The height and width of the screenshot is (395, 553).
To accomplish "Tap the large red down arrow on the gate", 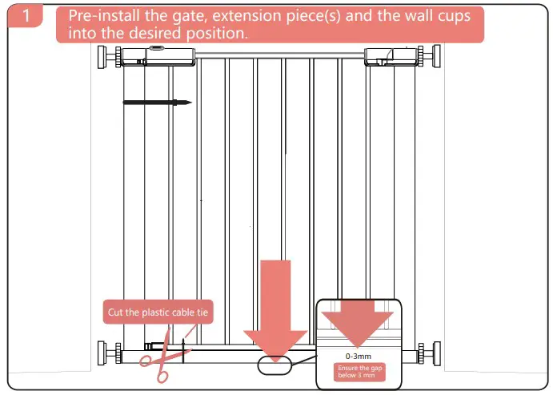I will point(275,308).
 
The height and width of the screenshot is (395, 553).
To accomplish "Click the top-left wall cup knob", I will point(107,58).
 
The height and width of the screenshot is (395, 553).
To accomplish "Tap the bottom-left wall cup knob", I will point(107,352).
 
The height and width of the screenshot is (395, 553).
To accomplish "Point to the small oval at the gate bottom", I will point(276,365).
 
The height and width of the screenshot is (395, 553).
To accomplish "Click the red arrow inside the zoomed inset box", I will point(357,321).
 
